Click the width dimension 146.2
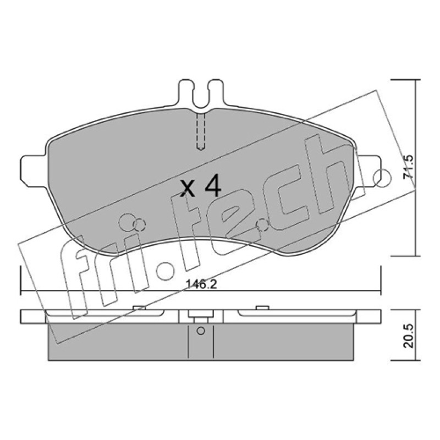(201, 284)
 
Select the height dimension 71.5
(408, 167)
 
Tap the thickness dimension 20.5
(408, 336)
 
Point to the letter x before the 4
(188, 188)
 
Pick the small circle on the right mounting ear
(382, 178)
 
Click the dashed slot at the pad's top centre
(201, 131)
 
